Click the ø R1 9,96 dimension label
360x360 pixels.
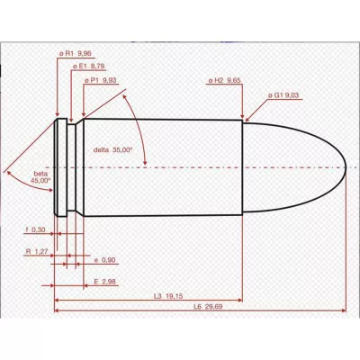click(x=75, y=54)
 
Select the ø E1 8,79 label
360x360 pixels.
click(x=89, y=67)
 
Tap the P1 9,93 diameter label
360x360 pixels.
click(x=100, y=80)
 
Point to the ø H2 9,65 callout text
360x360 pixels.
click(x=225, y=80)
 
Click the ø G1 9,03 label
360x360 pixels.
click(x=283, y=95)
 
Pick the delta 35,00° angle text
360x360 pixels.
click(x=112, y=150)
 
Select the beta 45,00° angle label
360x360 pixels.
click(x=40, y=177)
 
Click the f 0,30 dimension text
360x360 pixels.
click(x=35, y=229)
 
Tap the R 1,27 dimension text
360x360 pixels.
click(x=37, y=251)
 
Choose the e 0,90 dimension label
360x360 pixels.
click(x=104, y=260)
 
